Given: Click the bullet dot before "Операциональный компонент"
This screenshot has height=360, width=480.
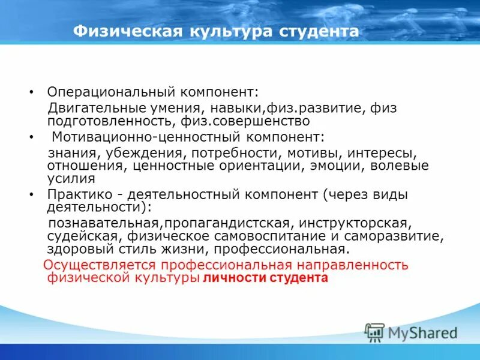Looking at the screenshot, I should [31, 94].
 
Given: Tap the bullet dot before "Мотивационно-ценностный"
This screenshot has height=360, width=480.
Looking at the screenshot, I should [31, 137].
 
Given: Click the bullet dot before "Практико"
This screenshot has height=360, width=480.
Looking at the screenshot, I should [31, 195].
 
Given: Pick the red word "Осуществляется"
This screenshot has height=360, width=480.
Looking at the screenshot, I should [97, 265].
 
